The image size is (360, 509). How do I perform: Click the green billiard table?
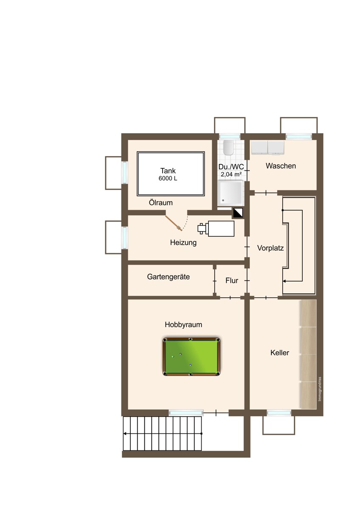[191, 357]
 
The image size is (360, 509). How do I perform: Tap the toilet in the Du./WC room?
[228, 148]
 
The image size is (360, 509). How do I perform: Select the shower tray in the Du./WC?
[231, 192]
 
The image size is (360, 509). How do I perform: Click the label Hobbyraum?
[183, 324]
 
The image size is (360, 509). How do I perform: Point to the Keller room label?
[279, 352]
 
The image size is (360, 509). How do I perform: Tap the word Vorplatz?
[270, 248]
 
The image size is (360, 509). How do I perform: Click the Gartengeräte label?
[168, 277]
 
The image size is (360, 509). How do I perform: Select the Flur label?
[232, 280]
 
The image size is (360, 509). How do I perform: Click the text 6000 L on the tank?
[168, 179]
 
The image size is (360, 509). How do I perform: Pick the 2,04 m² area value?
[231, 174]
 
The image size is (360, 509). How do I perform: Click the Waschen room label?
[281, 166]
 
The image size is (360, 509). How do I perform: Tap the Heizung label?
[183, 243]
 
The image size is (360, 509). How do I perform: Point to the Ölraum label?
[160, 202]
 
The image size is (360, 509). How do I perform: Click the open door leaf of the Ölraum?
[174, 223]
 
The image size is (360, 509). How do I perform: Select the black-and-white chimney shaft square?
[238, 213]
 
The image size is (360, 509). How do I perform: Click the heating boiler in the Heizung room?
[216, 228]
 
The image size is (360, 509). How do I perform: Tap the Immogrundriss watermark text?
[320, 389]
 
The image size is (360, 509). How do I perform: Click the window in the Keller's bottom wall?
[278, 413]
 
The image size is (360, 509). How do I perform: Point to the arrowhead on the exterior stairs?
[125, 434]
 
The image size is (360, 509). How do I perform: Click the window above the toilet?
[230, 137]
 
